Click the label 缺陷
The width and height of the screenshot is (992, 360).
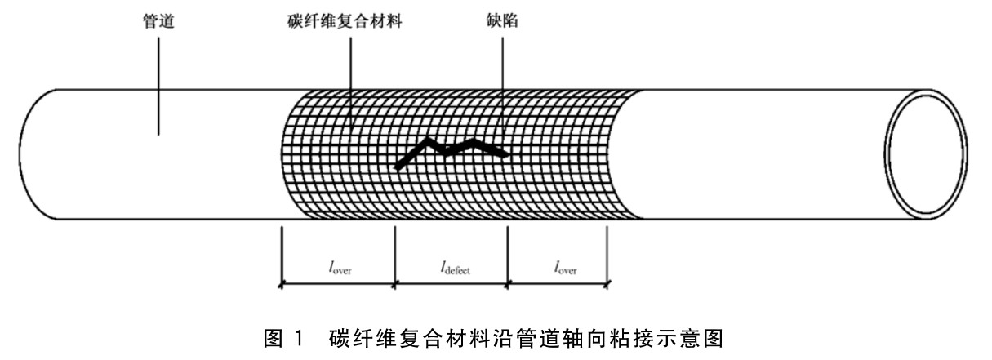click(501, 24)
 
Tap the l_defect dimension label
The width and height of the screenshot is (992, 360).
click(451, 267)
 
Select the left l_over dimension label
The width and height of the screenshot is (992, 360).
click(337, 267)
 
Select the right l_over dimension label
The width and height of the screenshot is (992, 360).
click(557, 267)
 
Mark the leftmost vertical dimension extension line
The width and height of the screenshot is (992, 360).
click(281, 257)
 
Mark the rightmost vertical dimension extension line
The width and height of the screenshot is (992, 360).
click(607, 257)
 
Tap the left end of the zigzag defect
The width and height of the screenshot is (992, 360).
click(397, 167)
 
